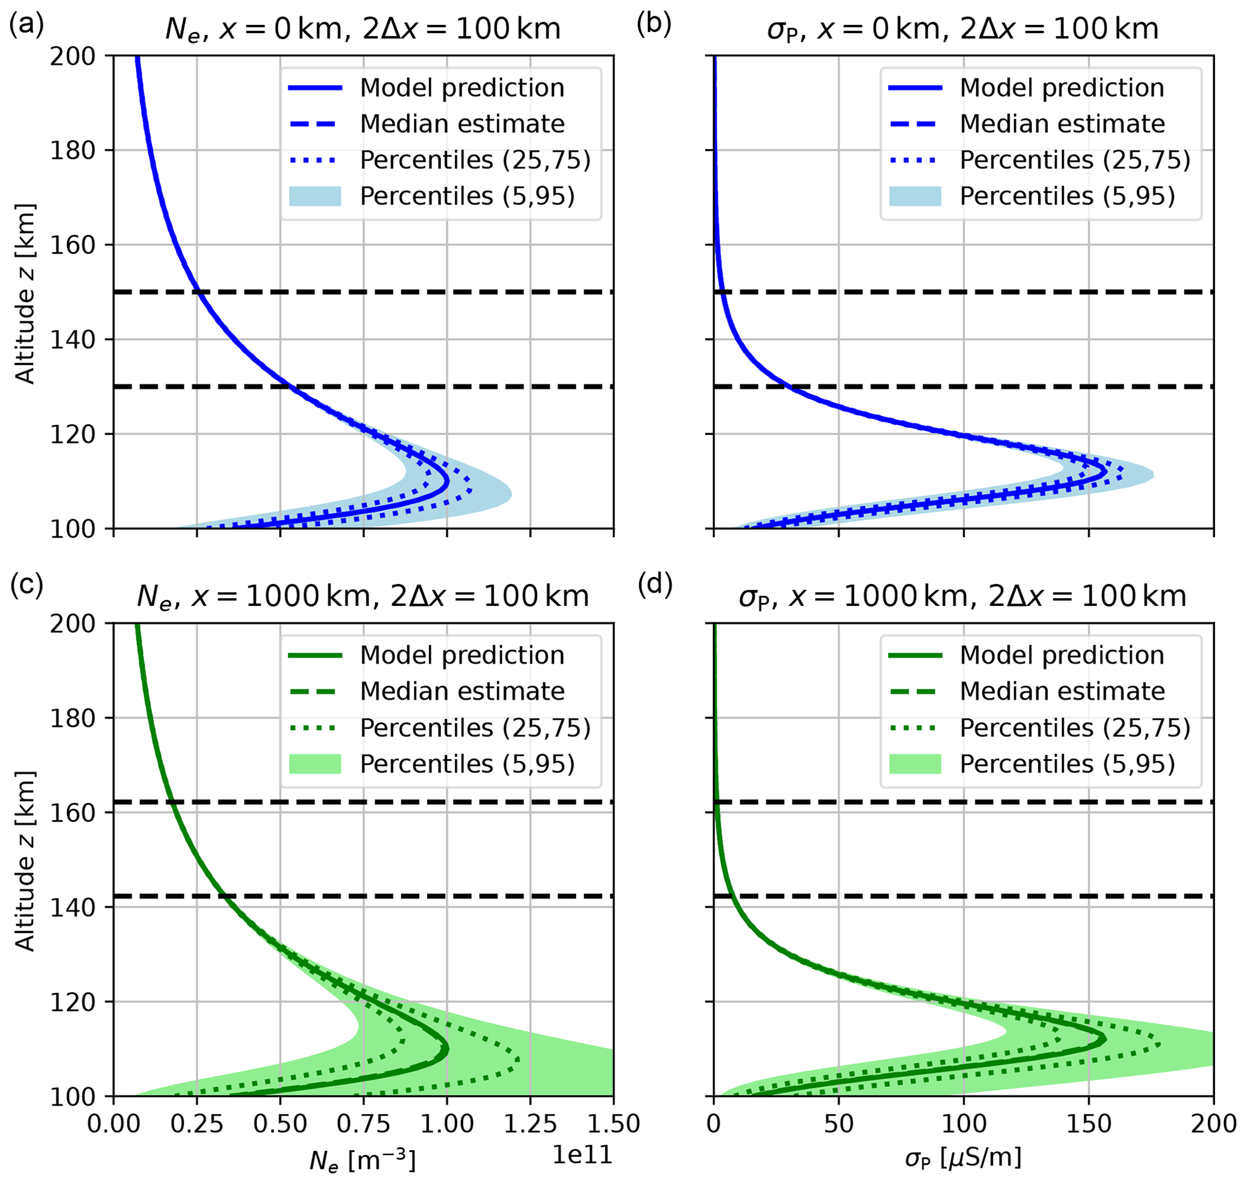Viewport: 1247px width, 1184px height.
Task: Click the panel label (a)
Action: (x=26, y=25)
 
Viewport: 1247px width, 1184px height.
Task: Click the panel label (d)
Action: (x=655, y=584)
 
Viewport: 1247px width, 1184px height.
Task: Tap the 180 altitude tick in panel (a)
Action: (x=72, y=151)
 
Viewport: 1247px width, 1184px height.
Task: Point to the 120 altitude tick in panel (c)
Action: (x=72, y=1002)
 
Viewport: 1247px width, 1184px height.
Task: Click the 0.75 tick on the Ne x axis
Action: (x=364, y=1124)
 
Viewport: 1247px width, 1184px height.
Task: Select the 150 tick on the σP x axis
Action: (x=1088, y=1124)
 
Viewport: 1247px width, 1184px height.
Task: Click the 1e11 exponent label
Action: (x=582, y=1154)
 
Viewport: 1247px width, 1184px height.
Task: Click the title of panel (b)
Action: (x=962, y=29)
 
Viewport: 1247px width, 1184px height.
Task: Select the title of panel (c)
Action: (x=363, y=596)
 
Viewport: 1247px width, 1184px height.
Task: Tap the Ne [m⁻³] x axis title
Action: (x=362, y=1160)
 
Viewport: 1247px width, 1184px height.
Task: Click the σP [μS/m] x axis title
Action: (x=963, y=1159)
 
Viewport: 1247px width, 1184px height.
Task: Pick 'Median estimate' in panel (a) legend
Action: (x=462, y=124)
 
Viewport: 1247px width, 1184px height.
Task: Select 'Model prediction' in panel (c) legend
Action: (x=462, y=655)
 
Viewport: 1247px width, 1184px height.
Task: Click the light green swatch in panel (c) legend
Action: (x=315, y=763)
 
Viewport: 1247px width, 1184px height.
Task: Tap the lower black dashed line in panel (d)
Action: (x=1010, y=896)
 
